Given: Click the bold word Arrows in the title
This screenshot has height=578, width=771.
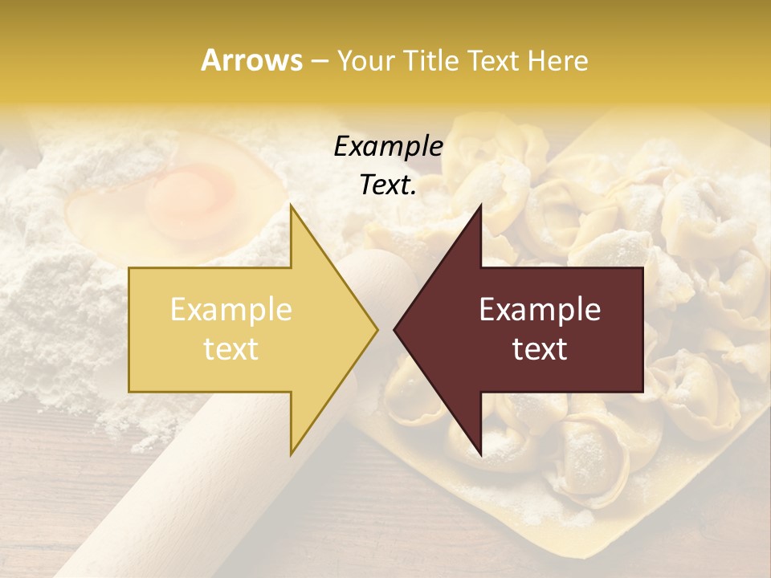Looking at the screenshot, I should (251, 60).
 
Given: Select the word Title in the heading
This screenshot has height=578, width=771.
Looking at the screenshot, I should (430, 60).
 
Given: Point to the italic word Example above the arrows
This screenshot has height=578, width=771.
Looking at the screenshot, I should (388, 146).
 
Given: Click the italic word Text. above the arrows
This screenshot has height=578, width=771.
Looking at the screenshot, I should (388, 185).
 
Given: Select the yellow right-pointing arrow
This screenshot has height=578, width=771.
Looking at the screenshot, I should (241, 330).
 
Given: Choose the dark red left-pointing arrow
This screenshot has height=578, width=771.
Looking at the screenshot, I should (530, 330).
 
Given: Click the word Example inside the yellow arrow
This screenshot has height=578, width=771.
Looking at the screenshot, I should (230, 310).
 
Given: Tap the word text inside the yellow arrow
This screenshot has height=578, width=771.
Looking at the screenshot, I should (230, 349).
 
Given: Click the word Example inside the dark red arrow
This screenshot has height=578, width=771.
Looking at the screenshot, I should (540, 310).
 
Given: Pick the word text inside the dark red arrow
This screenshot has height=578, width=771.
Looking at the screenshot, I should (540, 349).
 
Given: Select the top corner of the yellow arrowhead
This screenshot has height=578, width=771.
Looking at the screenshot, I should (292, 207).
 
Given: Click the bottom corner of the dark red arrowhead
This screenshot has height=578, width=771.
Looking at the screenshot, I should (480, 454).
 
